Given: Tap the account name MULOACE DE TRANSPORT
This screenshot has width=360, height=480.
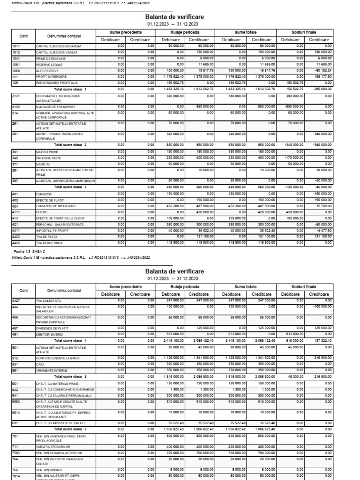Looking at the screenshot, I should pos(55,106).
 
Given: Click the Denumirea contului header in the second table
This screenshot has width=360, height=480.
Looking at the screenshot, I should pos(64,290).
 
